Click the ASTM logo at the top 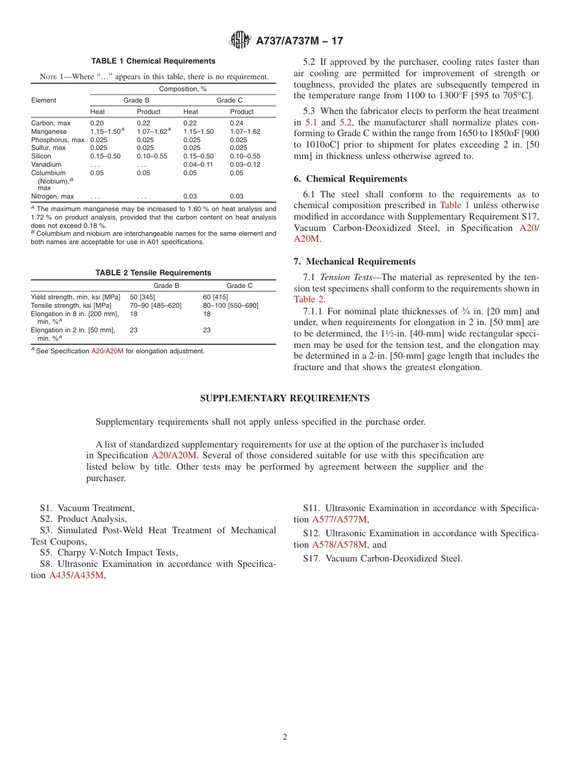241,41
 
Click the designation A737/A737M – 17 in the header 299,41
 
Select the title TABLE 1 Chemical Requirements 153,61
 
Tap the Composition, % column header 182,89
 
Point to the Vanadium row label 46,164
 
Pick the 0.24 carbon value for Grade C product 236,123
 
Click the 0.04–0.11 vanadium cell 198,164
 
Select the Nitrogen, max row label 52,196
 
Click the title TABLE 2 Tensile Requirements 153,273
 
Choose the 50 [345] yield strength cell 142,297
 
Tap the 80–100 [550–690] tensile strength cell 230,305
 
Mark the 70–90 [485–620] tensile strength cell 155,305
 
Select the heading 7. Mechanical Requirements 355,262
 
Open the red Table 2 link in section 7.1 309,299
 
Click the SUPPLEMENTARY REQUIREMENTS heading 284,398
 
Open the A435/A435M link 76,575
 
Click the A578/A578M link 339,545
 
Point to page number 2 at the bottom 285,737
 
